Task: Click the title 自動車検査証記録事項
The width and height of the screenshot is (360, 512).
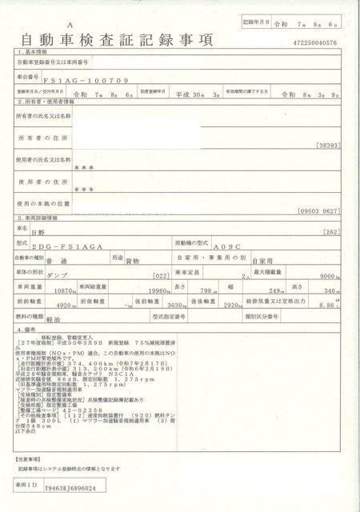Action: coord(113,38)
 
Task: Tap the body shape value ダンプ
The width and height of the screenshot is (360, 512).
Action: coord(58,274)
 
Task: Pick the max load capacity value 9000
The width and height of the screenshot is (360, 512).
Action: coord(331,274)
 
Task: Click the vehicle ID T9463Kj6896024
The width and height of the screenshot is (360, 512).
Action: coord(70,487)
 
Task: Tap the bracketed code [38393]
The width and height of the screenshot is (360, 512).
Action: coord(328,146)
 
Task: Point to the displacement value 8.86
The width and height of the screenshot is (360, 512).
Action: coord(328,305)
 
